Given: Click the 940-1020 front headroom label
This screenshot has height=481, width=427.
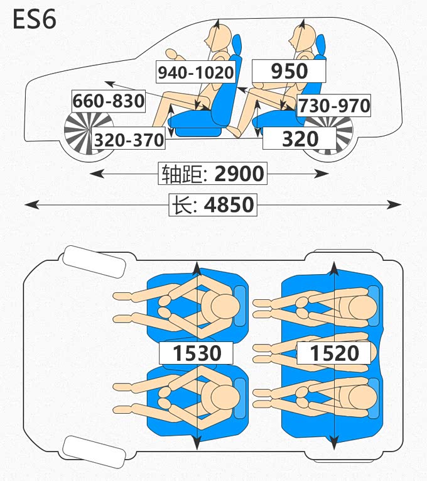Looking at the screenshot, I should coord(195,72).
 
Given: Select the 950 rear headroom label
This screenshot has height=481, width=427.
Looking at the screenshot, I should coord(289,71).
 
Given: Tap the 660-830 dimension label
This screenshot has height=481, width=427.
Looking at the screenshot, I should coord(109,101).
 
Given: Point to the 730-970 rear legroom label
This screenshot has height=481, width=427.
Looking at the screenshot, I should coord(333,105).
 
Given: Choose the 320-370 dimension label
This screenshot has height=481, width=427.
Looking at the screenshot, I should coord(129,140).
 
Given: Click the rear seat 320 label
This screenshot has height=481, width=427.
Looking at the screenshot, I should coord(300,139).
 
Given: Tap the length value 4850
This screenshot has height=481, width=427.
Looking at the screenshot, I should coord(230,205).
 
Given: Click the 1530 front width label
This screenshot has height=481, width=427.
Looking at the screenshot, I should coord(197,353).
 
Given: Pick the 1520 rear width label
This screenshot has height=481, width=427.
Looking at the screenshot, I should coord(334,353).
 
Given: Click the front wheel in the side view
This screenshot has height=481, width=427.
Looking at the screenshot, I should coord(88,133).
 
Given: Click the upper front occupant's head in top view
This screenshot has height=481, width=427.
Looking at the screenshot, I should coord(224,307).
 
